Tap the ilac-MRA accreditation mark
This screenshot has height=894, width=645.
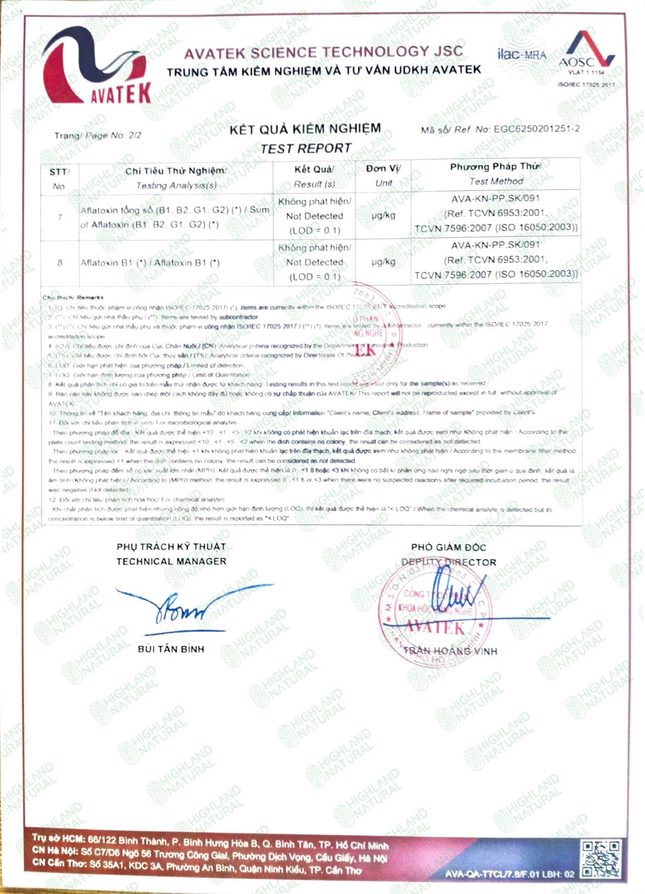521,55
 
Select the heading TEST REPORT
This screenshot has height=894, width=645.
306,148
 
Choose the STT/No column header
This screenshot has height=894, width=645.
59,179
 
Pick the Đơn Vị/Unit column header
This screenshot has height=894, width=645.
383,176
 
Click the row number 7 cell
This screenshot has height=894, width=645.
60,217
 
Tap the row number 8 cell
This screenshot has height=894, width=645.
60,263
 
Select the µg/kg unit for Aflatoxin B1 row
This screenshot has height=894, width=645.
383,262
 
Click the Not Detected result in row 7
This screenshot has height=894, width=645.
314,216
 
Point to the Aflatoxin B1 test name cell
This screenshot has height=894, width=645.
150,263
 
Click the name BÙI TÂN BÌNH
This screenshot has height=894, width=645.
171,649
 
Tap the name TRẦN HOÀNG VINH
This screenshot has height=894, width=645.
450,651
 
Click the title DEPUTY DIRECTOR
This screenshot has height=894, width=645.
449,562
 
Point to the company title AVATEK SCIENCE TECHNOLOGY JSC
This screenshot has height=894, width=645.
324,53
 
